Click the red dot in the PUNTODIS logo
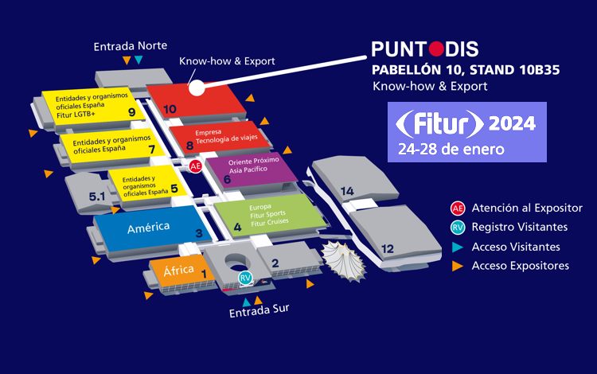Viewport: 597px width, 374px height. pos(436,49)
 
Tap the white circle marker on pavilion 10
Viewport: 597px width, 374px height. pos(197,88)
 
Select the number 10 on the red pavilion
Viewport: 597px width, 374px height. pos(170,109)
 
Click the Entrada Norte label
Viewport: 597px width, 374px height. pos(131,46)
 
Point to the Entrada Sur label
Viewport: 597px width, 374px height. pos(259,311)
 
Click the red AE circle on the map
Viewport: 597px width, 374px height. pos(195,166)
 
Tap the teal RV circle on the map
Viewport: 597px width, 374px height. pos(245,278)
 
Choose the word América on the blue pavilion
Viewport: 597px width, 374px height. pos(149,228)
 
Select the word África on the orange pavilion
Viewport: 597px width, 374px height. pos(178,271)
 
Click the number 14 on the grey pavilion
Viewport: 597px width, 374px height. pos(347,191)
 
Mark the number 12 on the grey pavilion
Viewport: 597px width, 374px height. pos(387,249)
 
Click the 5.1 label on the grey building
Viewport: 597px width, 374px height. pos(96,197)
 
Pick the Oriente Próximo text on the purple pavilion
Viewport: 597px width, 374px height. pos(254,161)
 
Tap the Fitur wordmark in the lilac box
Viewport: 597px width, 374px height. pos(439,123)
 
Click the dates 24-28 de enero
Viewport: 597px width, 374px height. pos(451,149)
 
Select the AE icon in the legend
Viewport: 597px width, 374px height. pos(458,208)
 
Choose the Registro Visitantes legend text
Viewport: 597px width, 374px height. pos(520,227)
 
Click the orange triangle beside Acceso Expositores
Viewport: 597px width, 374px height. pos(457,266)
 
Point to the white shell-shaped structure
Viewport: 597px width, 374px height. pos(343,261)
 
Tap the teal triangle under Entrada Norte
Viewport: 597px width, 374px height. pos(139,60)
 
